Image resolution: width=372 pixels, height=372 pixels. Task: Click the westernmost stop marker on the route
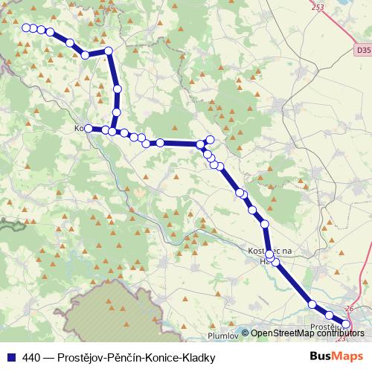(x=26, y=28)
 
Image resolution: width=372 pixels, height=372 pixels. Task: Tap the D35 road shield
(x=362, y=49)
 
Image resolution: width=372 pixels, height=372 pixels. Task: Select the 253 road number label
(x=318, y=7)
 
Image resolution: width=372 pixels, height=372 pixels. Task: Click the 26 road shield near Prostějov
(x=350, y=308)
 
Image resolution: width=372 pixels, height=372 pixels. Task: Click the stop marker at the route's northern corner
(x=109, y=51)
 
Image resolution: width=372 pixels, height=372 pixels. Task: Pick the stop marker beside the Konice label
(x=89, y=129)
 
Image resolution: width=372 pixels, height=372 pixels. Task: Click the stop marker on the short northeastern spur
(x=211, y=139)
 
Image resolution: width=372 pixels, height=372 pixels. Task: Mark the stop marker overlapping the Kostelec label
(x=269, y=254)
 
